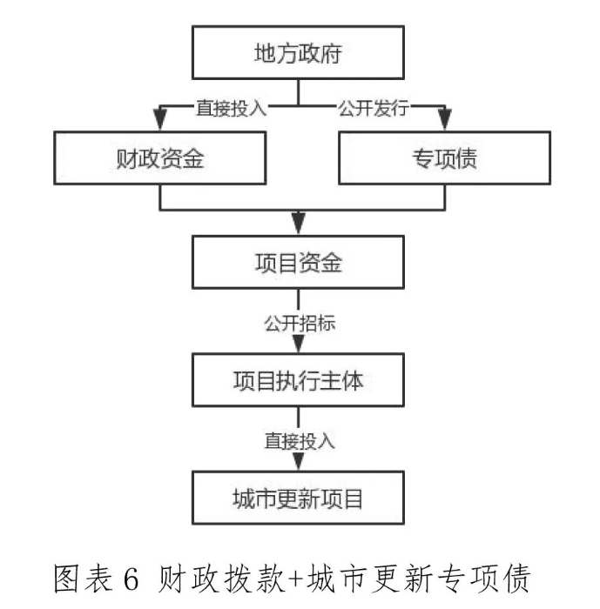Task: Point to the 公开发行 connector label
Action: (x=374, y=108)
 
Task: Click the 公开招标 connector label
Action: (x=300, y=323)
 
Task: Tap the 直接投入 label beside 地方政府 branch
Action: (x=231, y=108)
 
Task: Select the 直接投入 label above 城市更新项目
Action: (x=300, y=441)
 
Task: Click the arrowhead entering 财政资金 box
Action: (x=160, y=119)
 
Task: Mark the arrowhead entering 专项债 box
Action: (x=444, y=119)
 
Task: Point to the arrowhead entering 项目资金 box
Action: (x=298, y=224)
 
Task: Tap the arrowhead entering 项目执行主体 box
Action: (x=298, y=343)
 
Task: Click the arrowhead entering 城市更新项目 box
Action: (x=298, y=461)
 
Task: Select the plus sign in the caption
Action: (x=295, y=579)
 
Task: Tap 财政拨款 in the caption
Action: (x=222, y=579)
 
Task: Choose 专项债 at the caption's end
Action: (x=483, y=579)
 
